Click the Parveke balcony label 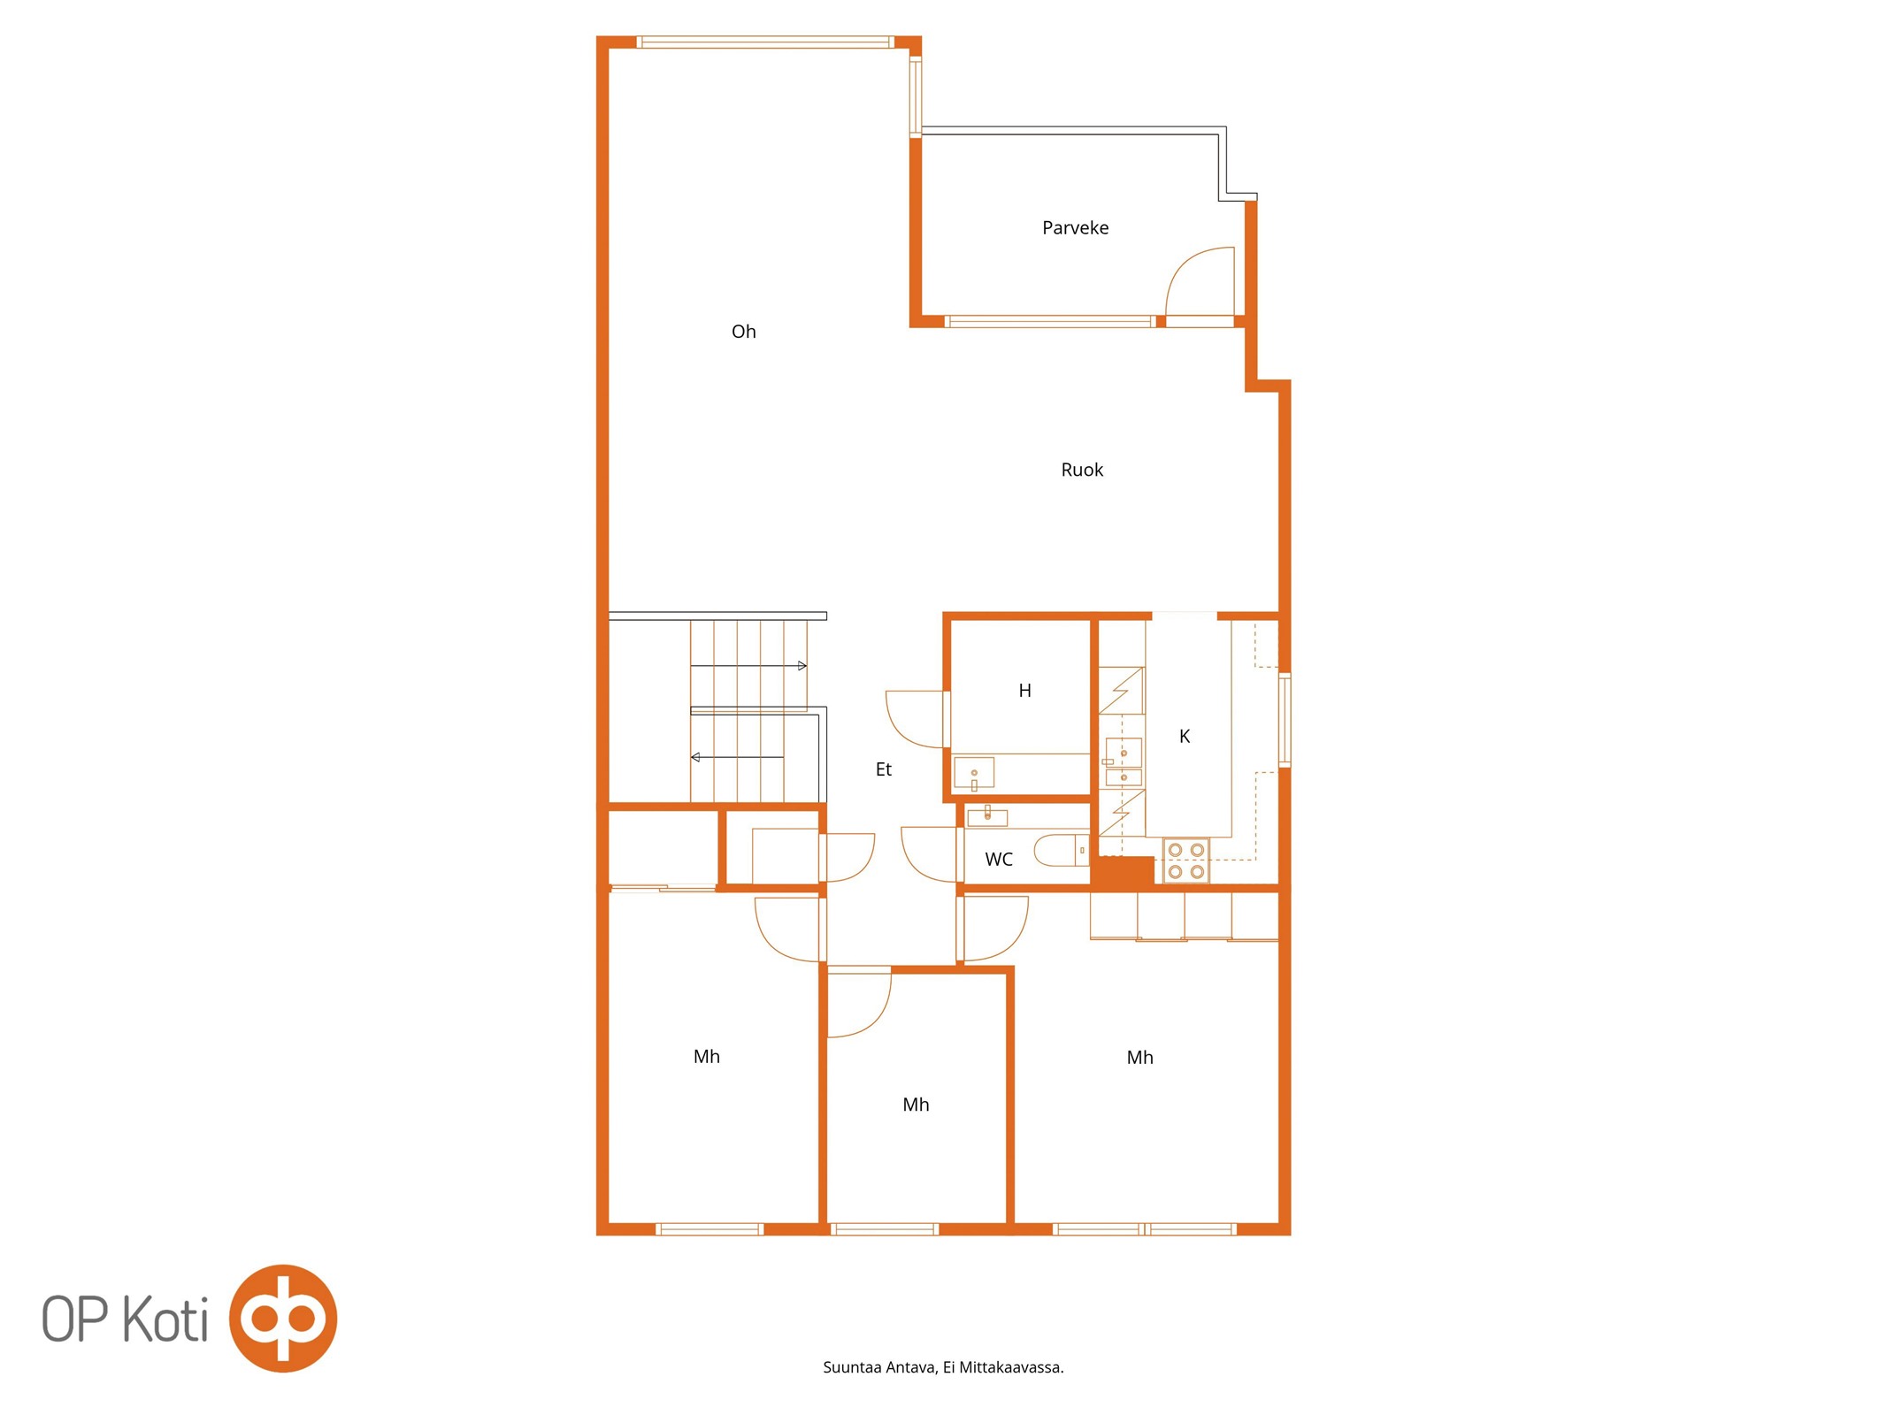click(1075, 228)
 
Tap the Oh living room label click(743, 332)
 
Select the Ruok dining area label click(1082, 470)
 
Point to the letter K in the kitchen click(1185, 736)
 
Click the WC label click(999, 859)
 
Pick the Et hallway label click(883, 769)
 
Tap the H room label click(1024, 691)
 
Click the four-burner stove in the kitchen click(1185, 860)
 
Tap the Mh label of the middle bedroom click(916, 1105)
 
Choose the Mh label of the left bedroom click(706, 1057)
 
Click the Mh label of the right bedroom click(1139, 1058)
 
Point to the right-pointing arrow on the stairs click(748, 665)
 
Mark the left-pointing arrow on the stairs click(737, 757)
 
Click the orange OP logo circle click(283, 1318)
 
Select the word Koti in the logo click(165, 1319)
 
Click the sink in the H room click(974, 773)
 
